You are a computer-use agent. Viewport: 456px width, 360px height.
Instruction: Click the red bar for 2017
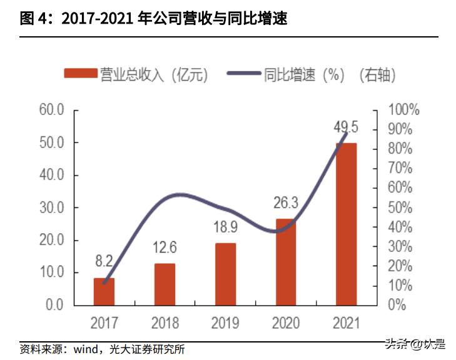(104, 292)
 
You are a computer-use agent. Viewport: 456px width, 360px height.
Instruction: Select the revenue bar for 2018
(165, 284)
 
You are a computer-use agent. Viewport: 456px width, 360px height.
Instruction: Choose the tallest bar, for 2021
(346, 224)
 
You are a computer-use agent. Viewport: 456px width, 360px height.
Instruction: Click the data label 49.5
(346, 128)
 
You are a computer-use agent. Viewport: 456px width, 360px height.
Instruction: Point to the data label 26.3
(286, 203)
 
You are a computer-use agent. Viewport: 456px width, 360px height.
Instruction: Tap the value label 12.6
(165, 248)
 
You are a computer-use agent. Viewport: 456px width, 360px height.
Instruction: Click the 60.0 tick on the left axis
(52, 110)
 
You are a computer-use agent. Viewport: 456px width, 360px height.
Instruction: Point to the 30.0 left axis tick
(52, 207)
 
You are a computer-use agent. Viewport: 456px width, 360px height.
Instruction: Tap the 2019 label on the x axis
(226, 323)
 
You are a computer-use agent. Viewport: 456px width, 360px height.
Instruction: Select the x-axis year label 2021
(346, 323)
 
